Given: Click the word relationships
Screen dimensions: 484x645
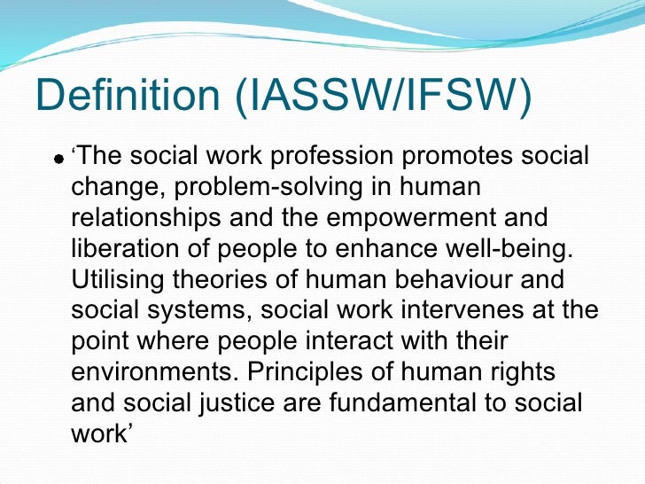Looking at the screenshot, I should point(155,218).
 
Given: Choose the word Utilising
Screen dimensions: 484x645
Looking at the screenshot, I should point(118,279).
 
